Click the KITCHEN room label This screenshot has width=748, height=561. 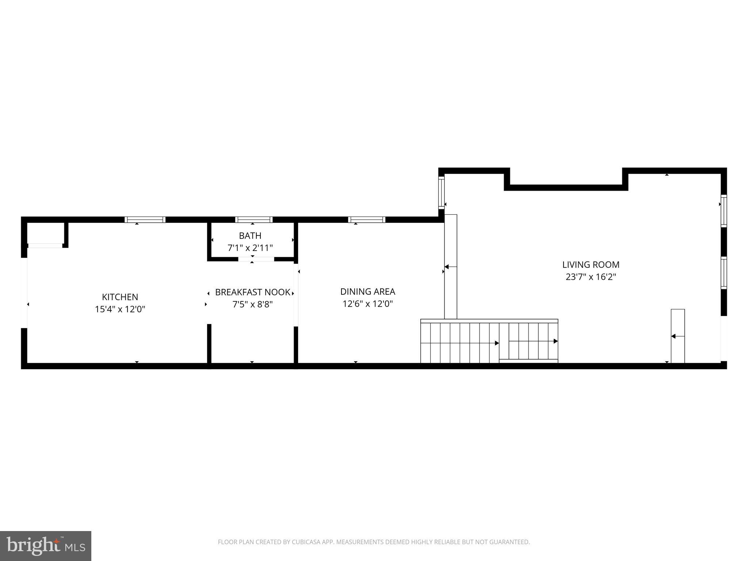(x=120, y=297)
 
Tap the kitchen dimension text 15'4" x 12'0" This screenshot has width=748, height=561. (x=120, y=309)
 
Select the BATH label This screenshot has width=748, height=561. (x=250, y=236)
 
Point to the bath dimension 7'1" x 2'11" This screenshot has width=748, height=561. (x=250, y=248)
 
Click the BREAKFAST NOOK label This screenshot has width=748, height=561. (x=252, y=292)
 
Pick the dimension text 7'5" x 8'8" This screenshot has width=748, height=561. (x=252, y=304)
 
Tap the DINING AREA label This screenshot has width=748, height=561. (x=367, y=291)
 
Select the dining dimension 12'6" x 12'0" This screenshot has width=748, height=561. (x=367, y=304)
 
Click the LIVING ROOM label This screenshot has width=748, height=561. (x=591, y=264)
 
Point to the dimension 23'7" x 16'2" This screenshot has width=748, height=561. (x=591, y=277)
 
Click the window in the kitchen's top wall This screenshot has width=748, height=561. (x=145, y=220)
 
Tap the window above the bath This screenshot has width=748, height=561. (x=254, y=220)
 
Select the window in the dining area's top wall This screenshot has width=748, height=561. (x=367, y=220)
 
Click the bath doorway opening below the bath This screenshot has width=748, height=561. (x=256, y=259)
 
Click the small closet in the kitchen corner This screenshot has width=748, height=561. (x=46, y=233)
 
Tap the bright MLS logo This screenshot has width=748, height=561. (x=46, y=546)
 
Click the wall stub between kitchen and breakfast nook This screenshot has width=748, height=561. (x=209, y=343)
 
